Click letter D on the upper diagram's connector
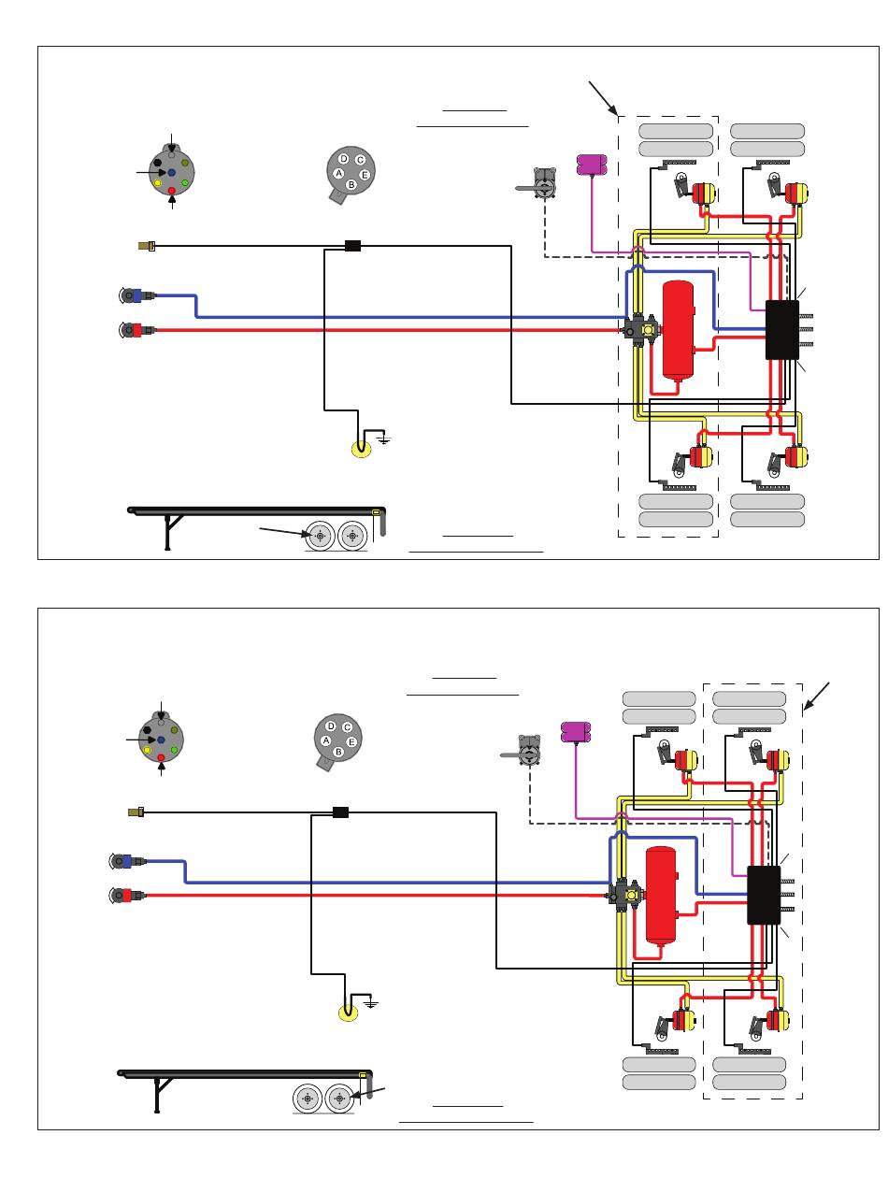tap(344, 159)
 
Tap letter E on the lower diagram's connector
tap(351, 742)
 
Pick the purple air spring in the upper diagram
tap(592, 165)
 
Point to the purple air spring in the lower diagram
tap(576, 732)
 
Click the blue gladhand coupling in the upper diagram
tap(136, 295)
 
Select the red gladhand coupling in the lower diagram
tap(126, 895)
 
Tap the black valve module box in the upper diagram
tap(781, 329)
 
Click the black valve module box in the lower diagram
tap(764, 895)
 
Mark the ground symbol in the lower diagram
tap(371, 1002)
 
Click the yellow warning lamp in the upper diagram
tap(361, 449)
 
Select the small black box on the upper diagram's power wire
tap(352, 246)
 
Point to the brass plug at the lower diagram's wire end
tap(136, 812)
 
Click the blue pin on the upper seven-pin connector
tap(172, 172)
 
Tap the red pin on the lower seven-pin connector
tap(161, 757)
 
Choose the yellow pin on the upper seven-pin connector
tap(158, 183)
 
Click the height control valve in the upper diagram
tap(539, 184)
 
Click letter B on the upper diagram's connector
tap(351, 184)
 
